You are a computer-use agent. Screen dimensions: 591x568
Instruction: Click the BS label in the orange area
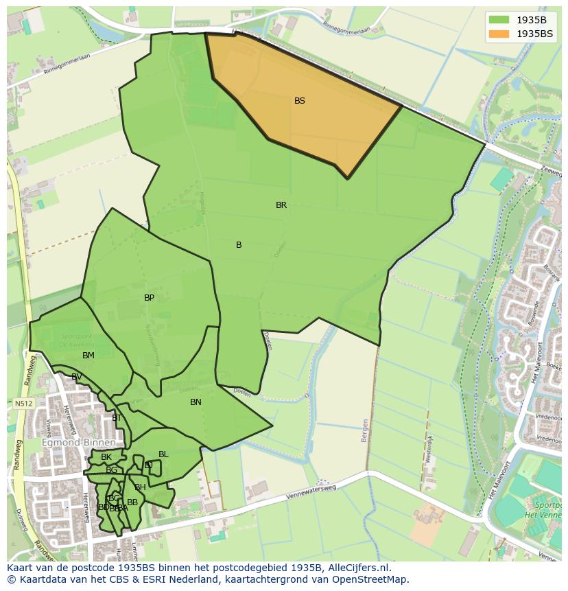coord(300,101)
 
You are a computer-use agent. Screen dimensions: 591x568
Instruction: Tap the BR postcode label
coord(281,205)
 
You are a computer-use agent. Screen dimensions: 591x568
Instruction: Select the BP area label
coord(149,298)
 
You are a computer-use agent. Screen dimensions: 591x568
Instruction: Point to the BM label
coord(88,356)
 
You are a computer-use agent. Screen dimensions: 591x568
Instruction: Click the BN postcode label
coord(196,402)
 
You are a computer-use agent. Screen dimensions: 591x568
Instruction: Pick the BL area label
coord(163,454)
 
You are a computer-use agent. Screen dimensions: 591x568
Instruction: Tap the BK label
coord(106,457)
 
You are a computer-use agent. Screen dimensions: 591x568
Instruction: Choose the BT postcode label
coord(117,418)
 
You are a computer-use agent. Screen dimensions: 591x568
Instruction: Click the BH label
coord(140,487)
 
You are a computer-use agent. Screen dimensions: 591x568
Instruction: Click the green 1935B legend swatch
coord(499,20)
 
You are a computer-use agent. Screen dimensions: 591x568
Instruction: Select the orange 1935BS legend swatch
coord(499,34)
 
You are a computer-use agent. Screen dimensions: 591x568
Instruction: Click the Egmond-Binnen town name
coord(69,443)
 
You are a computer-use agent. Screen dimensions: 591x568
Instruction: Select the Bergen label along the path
coord(364,430)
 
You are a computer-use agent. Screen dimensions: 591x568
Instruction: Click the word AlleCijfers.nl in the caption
coord(358,568)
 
